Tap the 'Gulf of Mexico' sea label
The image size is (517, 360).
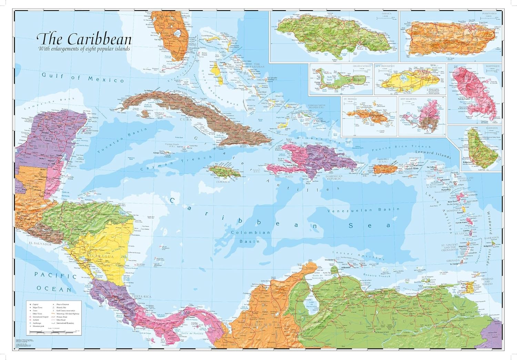click(78, 78)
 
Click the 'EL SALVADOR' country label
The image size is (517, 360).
click(40, 244)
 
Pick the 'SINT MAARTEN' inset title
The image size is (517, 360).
click(408, 99)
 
